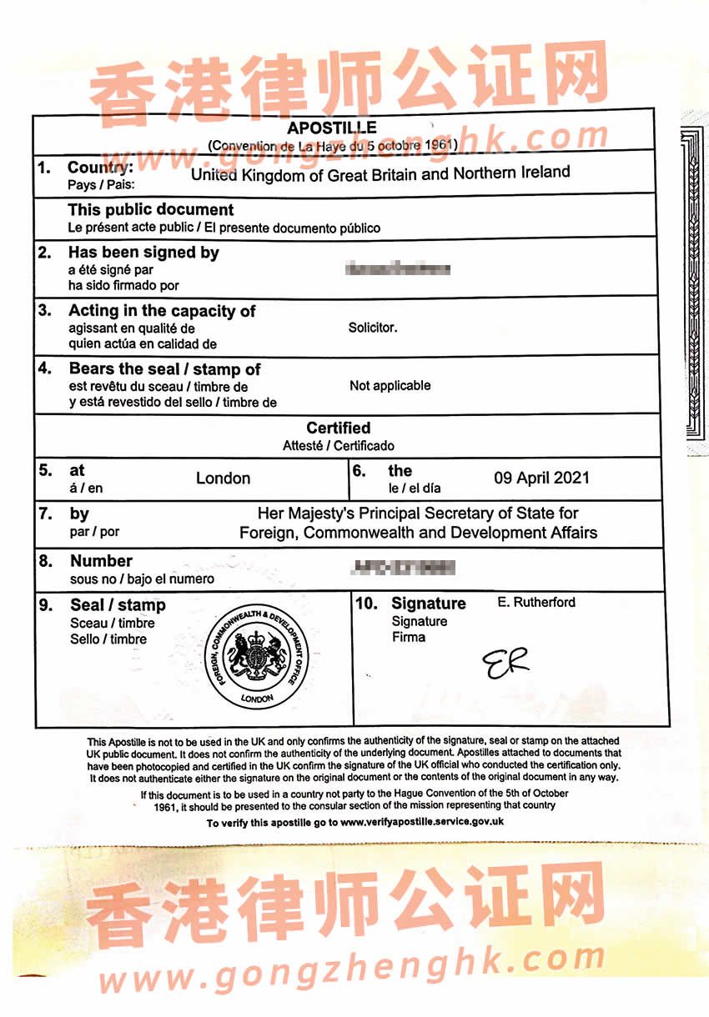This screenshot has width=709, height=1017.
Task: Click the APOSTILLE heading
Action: click(332, 128)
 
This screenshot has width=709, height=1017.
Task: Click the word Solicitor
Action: click(373, 328)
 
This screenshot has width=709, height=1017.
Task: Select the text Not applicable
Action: click(390, 385)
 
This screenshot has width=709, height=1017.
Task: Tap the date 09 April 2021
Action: click(541, 478)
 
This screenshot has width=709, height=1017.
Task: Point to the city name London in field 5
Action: click(223, 478)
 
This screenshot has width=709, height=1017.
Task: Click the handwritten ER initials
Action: click(505, 663)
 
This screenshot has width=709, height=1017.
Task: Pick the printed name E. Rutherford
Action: click(536, 602)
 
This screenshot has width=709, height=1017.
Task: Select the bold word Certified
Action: click(338, 428)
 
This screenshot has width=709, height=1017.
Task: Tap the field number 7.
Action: click(46, 514)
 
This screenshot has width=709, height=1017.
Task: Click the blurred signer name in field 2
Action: click(398, 269)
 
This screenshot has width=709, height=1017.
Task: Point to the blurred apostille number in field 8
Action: click(404, 569)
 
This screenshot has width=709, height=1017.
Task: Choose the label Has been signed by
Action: click(143, 253)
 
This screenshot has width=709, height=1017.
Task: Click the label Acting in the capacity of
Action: click(162, 311)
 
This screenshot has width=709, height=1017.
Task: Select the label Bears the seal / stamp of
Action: click(164, 369)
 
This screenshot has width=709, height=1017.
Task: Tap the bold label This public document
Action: click(151, 210)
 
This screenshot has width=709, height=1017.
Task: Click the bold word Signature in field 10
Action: click(429, 604)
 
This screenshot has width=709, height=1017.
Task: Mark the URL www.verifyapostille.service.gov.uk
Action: click(421, 822)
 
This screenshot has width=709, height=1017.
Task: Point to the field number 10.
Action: click(366, 604)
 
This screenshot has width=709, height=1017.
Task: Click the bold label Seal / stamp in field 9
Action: click(118, 605)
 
